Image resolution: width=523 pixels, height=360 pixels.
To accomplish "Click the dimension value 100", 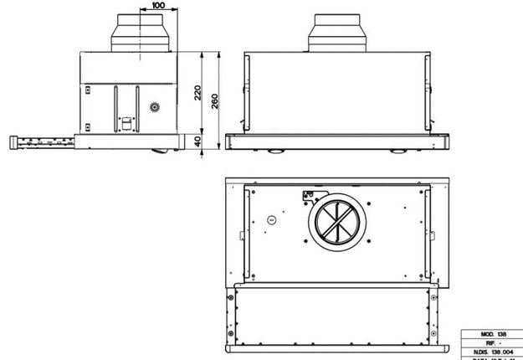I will coord(158,6).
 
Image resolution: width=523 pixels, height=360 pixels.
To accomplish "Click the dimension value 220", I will coord(197,92).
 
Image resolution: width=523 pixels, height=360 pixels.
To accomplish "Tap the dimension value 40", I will coord(197,142).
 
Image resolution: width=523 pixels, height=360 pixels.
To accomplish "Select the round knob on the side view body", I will coord(154,108).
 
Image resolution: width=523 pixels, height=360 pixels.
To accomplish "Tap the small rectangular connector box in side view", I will coord(126,122).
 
